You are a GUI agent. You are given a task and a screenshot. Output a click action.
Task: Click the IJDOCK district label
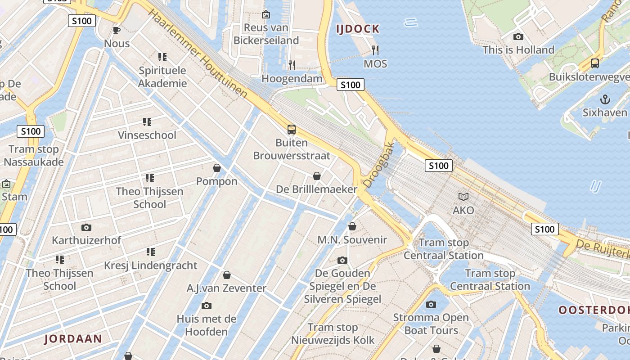pos(358,29)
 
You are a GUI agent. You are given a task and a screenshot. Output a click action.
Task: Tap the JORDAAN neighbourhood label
pos(73,338)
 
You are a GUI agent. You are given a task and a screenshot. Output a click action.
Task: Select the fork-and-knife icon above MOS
pos(375,50)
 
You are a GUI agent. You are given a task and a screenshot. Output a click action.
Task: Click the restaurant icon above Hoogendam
pos(292,65)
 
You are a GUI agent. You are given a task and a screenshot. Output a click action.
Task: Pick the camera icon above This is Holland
pos(518,36)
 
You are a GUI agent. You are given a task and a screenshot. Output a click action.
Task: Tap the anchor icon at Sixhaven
pos(605,99)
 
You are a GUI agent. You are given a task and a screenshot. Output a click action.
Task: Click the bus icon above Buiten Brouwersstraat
pos(292,130)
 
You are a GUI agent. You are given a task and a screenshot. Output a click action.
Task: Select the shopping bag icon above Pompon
pos(217,168)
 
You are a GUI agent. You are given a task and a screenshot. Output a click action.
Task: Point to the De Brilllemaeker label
pos(316,189)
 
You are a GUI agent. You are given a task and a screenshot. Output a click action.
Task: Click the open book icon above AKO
pos(463,197)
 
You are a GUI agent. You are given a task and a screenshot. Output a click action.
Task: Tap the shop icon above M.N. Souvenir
pos(352,226)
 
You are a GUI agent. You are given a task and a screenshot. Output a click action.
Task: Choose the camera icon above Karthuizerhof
pos(86,227)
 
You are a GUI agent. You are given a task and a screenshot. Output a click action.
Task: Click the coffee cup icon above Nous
pos(117,31)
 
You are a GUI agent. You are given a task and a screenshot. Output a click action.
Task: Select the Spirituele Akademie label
pos(162,77)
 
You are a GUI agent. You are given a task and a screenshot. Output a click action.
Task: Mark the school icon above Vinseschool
pos(147,121)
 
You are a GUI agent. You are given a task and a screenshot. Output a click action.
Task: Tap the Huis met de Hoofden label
pos(207,325)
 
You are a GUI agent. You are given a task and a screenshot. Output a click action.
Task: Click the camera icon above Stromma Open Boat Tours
pos(431,304)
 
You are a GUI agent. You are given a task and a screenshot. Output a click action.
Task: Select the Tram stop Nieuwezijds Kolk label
pos(333,333)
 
